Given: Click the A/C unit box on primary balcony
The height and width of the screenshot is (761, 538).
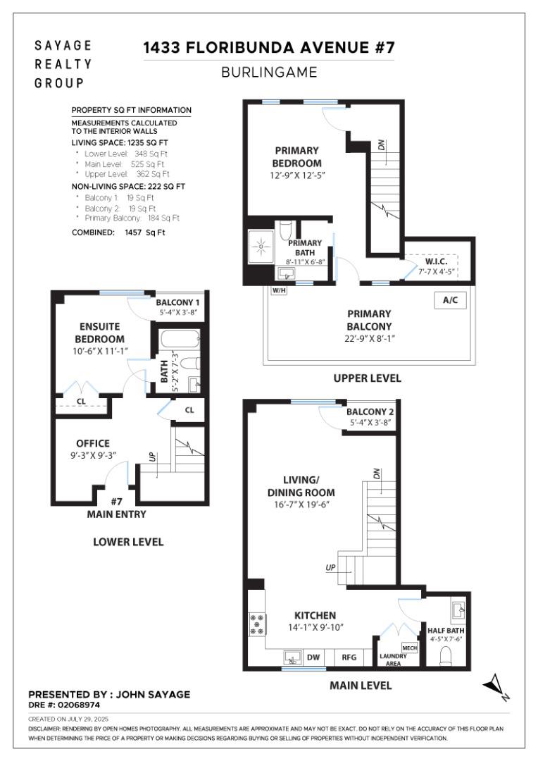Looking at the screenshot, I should click(x=450, y=300).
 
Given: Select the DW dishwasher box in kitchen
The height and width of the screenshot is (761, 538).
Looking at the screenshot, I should click(x=313, y=657).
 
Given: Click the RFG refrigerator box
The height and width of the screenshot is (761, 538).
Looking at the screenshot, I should click(x=349, y=657).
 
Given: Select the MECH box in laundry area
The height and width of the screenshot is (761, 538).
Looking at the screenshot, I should click(x=409, y=647).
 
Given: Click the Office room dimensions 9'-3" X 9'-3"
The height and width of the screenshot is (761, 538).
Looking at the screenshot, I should click(x=93, y=455).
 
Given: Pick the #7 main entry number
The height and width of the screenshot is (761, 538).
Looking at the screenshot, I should click(x=117, y=501).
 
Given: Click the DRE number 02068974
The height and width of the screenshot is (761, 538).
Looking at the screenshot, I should click(x=64, y=704).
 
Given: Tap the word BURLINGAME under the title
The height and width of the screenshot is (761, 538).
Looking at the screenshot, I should click(x=269, y=72).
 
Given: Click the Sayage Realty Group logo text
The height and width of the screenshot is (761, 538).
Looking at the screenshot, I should click(x=63, y=64).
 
